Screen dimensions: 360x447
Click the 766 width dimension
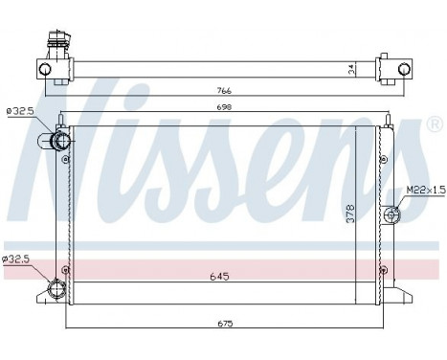223,91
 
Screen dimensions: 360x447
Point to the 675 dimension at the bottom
223,324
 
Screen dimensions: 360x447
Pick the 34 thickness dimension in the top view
350,68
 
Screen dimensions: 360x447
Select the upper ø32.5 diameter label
20,112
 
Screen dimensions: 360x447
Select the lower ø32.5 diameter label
18,259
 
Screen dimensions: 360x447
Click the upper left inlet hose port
60,143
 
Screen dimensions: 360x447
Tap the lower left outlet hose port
55,290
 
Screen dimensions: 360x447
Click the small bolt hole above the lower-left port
65,269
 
